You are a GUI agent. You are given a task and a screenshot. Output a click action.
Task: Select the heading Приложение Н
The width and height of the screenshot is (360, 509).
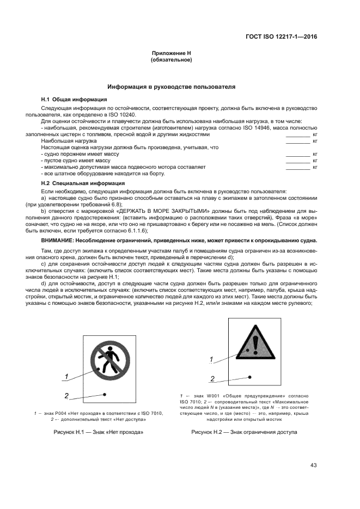pyautogui.click(x=172, y=53)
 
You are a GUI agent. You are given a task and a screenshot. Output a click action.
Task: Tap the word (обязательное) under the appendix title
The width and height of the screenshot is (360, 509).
pyautogui.click(x=172, y=60)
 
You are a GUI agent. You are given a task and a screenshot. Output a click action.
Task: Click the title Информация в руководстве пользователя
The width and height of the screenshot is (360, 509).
pyautogui.click(x=171, y=87)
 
